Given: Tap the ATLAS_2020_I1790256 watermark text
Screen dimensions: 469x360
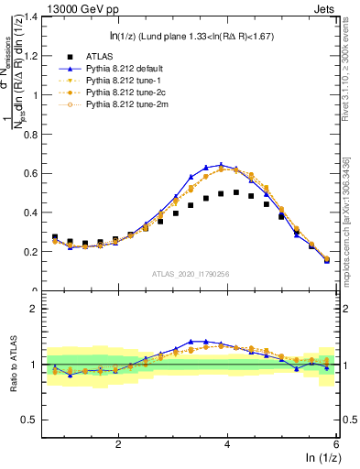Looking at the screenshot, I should (191, 274).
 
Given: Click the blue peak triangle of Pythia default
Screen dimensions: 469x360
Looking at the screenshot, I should (222, 165).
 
